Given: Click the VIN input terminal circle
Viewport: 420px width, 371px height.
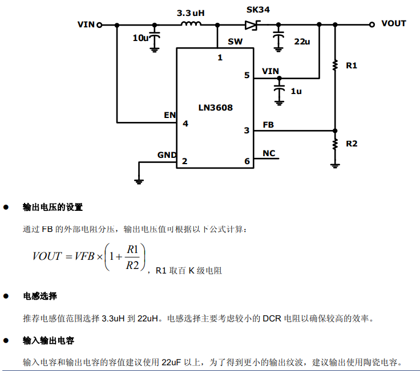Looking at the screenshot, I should [x=100, y=25].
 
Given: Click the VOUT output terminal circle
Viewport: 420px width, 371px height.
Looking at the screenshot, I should [x=371, y=24].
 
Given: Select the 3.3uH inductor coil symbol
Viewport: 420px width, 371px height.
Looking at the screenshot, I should [x=191, y=24].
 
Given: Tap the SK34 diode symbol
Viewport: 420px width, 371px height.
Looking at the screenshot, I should [x=252, y=25].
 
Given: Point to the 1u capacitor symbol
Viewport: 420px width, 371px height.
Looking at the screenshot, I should [x=278, y=91].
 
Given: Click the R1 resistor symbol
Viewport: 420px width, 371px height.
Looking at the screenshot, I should [x=335, y=66].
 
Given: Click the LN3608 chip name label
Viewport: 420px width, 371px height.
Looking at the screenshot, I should [x=215, y=107].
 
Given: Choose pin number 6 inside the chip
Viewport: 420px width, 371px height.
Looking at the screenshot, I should [x=247, y=161].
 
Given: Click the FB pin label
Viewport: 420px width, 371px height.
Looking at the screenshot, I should [x=268, y=124].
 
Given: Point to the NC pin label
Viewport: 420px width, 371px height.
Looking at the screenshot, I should [x=269, y=153].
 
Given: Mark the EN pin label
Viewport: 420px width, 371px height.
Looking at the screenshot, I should [x=169, y=115].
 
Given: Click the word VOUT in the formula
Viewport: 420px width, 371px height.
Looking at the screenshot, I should [x=47, y=256].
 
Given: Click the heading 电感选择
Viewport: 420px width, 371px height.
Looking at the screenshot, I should [x=40, y=296].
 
